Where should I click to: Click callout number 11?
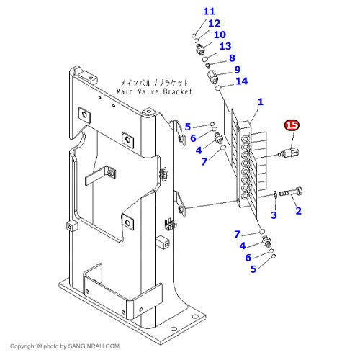[x=209, y=11]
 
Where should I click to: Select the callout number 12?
[x=214, y=23]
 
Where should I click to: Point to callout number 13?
[x=225, y=46]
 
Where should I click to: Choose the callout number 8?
[x=232, y=58]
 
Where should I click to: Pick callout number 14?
[x=241, y=81]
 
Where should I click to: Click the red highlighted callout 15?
[x=292, y=125]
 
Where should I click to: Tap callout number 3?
[x=274, y=215]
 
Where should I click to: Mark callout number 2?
[x=298, y=211]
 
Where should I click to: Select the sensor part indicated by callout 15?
[x=290, y=152]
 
